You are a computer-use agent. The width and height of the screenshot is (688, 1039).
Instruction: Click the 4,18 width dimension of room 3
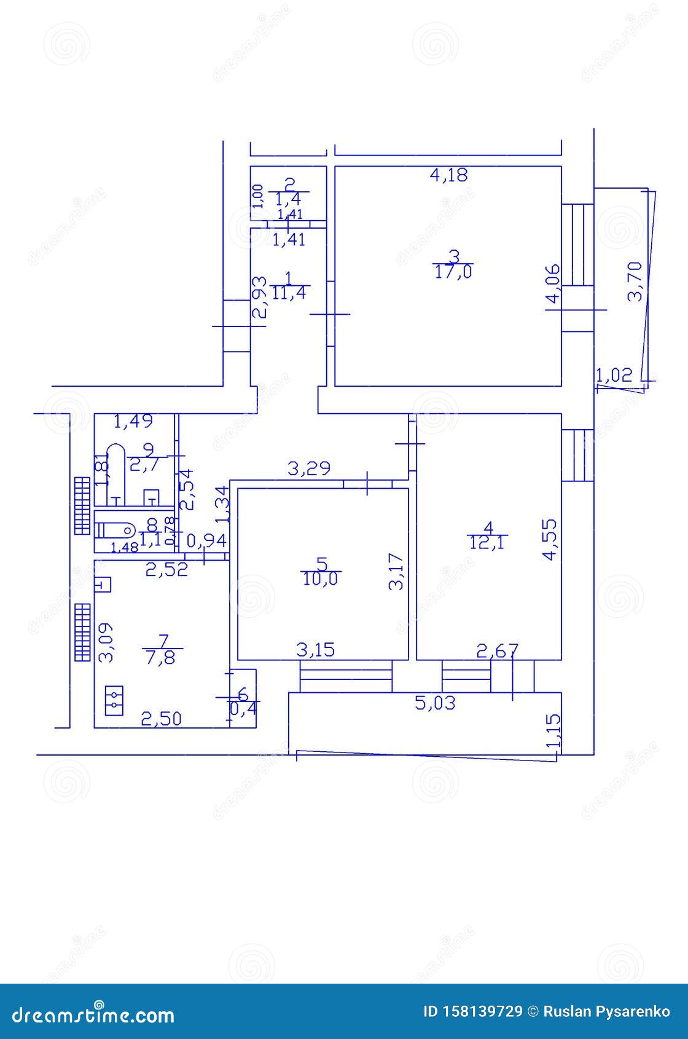tap(448, 175)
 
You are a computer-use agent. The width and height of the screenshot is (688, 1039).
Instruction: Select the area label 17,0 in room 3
tap(454, 272)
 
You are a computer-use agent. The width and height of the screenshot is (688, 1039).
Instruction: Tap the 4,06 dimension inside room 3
tap(553, 283)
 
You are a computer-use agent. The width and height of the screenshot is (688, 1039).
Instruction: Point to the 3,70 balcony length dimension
tap(635, 280)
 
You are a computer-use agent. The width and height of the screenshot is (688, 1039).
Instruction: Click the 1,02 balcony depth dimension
tap(614, 374)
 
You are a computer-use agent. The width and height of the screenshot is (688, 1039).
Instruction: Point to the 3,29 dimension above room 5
tap(310, 468)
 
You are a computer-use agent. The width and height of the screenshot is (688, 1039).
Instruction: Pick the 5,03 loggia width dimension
tap(436, 702)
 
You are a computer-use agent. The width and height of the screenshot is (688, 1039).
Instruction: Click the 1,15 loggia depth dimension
tap(554, 732)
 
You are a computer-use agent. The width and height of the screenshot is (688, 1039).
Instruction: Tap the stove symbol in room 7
tap(114, 700)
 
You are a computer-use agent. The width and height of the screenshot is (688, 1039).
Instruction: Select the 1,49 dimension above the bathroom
tap(133, 422)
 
